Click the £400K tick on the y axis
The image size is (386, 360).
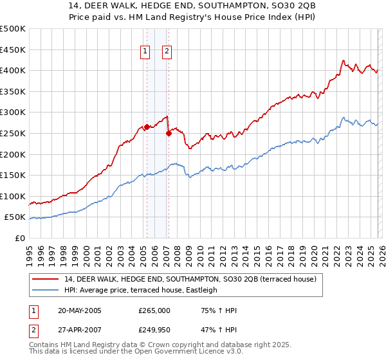(x=13, y=70)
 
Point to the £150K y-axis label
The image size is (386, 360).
(x=13, y=175)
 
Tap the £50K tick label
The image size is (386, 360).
(x=15, y=217)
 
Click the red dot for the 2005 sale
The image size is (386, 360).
(x=147, y=127)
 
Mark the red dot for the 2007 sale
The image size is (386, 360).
(x=169, y=134)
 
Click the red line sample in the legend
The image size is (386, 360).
(x=46, y=280)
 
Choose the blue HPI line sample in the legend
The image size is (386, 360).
(x=46, y=290)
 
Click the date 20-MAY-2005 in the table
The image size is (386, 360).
(x=80, y=310)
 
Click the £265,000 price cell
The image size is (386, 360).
(x=154, y=310)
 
